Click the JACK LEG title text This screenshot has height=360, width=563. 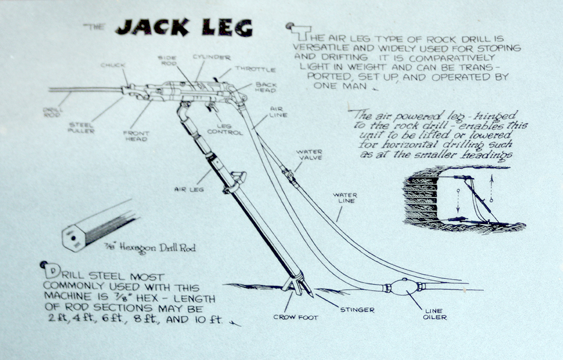[183, 27]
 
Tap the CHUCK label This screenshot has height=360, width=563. [112, 66]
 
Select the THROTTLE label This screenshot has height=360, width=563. [255, 69]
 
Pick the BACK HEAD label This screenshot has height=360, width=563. [266, 88]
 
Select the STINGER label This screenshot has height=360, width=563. [356, 310]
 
